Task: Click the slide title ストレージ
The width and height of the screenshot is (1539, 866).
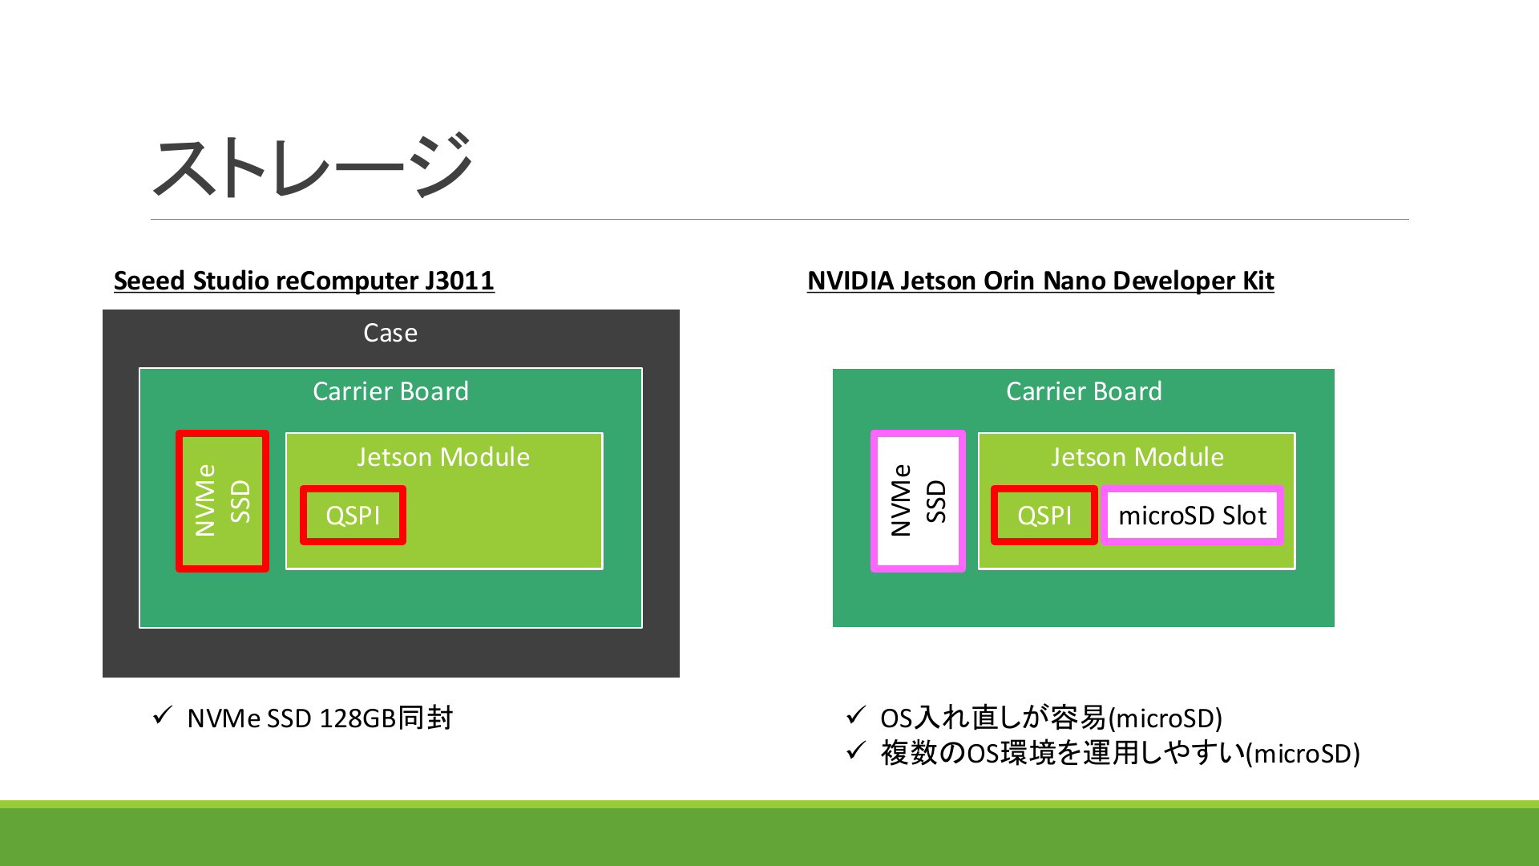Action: pos(311,166)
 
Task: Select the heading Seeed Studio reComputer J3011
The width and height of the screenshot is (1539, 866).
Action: pos(304,281)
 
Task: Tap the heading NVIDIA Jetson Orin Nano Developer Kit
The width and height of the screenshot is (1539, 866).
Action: pos(1040,281)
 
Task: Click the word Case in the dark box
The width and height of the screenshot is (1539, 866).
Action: pos(390,333)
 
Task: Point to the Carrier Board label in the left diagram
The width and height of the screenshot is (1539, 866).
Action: pos(390,391)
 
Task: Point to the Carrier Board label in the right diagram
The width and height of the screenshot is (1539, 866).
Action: pos(1084,391)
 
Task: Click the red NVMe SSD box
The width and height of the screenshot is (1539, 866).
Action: pos(222,501)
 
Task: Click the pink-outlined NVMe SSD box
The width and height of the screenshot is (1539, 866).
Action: pos(918,501)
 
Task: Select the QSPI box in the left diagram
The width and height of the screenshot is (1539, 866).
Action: pos(353,515)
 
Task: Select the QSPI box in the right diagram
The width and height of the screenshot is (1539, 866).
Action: pos(1044,515)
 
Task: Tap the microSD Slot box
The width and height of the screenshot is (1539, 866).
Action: pos(1193,515)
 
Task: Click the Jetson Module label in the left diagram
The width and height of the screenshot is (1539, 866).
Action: pos(443,457)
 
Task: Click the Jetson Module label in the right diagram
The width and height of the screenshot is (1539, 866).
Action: pos(1137,457)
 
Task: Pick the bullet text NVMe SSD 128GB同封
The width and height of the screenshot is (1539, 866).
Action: pos(320,718)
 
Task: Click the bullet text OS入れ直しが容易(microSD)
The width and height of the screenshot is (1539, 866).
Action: pos(1051,718)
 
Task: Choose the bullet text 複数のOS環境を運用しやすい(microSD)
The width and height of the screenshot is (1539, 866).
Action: pos(1120,753)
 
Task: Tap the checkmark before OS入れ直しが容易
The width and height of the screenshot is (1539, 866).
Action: pos(856,714)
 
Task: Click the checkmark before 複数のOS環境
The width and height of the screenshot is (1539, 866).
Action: pos(856,750)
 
